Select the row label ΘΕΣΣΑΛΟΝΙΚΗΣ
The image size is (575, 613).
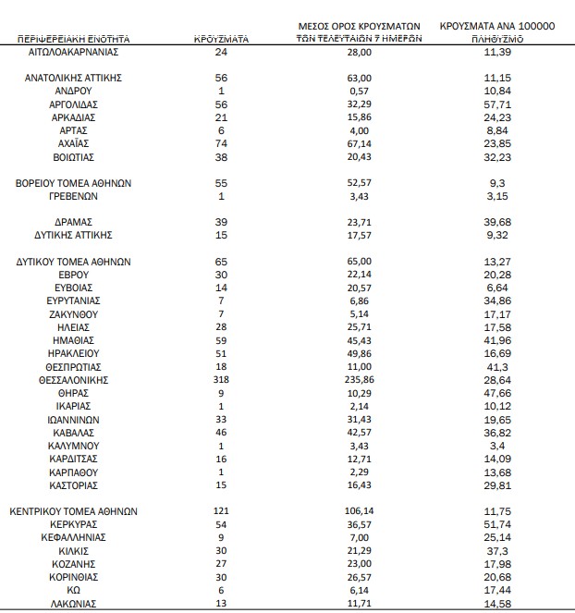(x=75, y=380)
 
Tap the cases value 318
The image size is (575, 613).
(x=221, y=380)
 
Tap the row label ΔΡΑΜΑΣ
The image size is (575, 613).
(x=75, y=223)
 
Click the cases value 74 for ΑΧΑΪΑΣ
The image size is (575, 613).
(x=221, y=145)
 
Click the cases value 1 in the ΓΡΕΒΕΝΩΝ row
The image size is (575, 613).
(x=221, y=197)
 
